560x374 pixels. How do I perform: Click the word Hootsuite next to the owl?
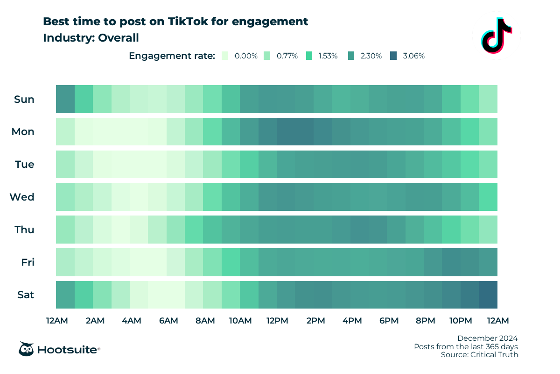point(68,349)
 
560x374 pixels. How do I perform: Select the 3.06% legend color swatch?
point(393,56)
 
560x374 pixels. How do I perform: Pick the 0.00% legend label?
point(246,56)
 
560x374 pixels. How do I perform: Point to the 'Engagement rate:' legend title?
point(172,56)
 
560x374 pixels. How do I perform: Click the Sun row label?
point(24,99)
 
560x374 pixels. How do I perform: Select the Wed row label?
point(22,197)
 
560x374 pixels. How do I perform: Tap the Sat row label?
point(25,295)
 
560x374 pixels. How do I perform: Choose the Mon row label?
point(23,132)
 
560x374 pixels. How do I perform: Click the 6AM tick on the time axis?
point(168,321)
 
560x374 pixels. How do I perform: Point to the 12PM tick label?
point(277,321)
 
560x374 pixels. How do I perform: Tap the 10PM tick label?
point(461,321)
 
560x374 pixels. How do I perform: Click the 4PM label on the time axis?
point(352,321)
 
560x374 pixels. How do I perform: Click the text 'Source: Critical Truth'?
point(479,355)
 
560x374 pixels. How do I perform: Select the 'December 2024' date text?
point(487,338)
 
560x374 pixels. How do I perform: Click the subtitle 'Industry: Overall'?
point(91,38)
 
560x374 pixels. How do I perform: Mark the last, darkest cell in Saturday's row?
point(488,295)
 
